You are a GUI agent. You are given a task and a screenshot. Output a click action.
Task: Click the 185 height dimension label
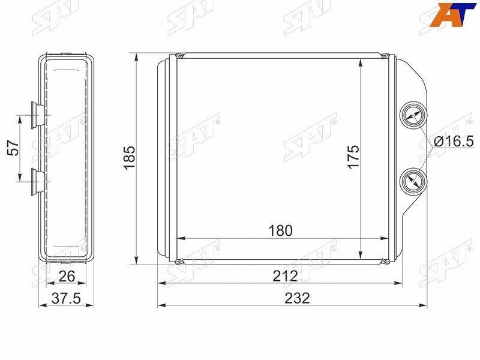pyautogui.click(x=129, y=157)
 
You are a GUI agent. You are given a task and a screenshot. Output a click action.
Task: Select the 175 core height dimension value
pyautogui.click(x=353, y=157)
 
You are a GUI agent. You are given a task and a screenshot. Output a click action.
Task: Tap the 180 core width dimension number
pyautogui.click(x=280, y=230)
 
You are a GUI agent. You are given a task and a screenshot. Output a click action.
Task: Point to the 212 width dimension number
pyautogui.click(x=285, y=276)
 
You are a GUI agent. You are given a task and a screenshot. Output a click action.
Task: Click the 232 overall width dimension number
pyautogui.click(x=297, y=298)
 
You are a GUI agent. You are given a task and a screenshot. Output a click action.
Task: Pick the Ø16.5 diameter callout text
pyautogui.click(x=454, y=142)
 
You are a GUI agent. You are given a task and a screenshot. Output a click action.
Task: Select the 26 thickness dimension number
pyautogui.click(x=67, y=276)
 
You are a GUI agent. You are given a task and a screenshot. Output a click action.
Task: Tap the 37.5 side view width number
pyautogui.click(x=66, y=298)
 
